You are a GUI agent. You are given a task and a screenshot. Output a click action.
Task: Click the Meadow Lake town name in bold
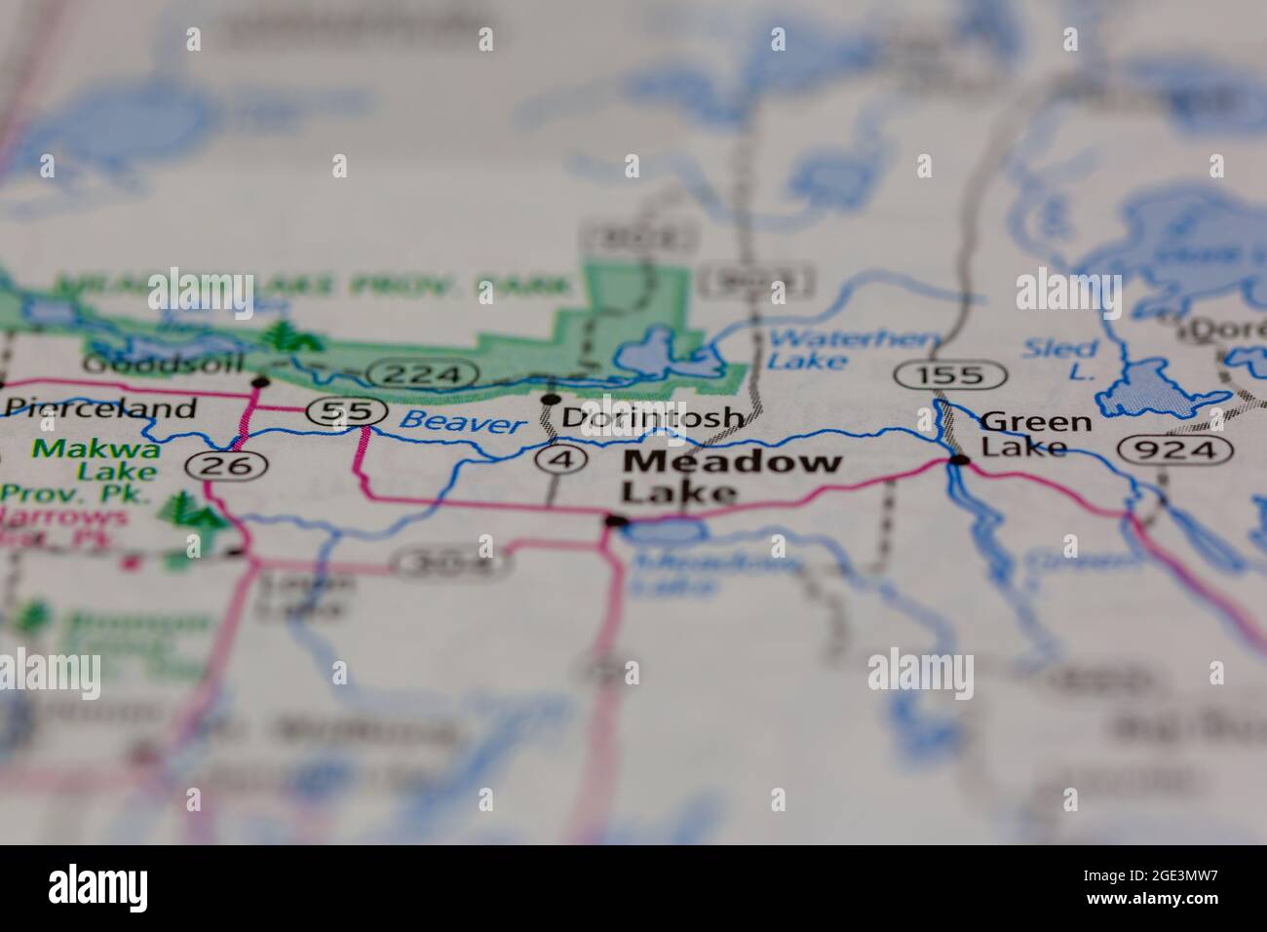731,476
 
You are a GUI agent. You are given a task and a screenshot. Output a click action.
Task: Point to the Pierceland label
100,408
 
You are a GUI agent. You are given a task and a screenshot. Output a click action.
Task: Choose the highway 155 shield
950,373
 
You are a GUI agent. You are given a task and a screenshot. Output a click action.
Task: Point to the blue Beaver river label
463,422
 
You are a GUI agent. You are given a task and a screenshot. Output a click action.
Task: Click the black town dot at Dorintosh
551,400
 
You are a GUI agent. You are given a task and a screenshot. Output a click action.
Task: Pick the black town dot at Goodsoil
259,381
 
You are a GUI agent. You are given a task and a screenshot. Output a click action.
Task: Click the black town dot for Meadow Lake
614,522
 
